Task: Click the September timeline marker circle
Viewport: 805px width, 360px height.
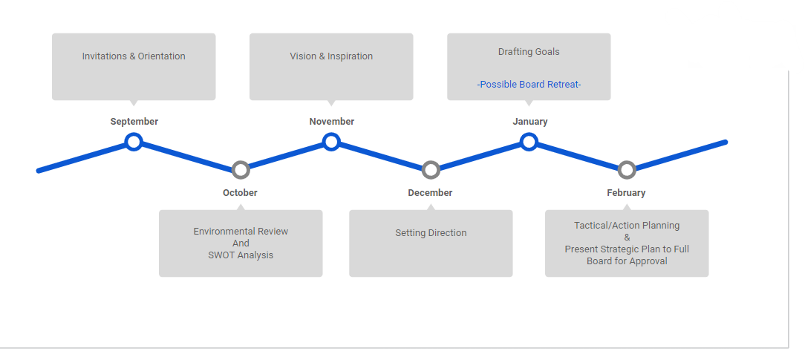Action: (x=134, y=141)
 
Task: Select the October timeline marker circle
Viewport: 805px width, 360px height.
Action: (x=240, y=170)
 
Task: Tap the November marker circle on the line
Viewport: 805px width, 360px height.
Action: (x=331, y=141)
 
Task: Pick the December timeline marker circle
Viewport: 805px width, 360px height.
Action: (x=431, y=170)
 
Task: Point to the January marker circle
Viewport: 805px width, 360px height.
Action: (x=529, y=141)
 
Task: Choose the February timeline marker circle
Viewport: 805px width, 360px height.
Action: (x=627, y=170)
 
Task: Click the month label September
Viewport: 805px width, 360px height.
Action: (x=134, y=122)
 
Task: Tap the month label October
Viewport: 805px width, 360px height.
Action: (x=240, y=193)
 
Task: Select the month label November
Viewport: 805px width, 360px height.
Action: (x=332, y=122)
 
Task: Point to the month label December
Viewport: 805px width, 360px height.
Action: (x=430, y=193)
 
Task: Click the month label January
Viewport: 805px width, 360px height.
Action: (x=530, y=122)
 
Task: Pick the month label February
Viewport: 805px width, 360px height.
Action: (x=626, y=193)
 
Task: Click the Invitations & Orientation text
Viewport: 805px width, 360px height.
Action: (x=134, y=56)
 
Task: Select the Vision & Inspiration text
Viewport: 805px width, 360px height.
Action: (x=331, y=56)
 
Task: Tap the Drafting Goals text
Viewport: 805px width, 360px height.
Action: (x=529, y=52)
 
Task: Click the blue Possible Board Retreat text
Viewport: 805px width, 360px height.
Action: (x=529, y=85)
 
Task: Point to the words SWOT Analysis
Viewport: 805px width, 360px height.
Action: (x=241, y=255)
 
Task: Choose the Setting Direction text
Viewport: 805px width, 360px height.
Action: (x=431, y=233)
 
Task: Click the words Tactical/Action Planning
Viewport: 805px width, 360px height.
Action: (x=627, y=226)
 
